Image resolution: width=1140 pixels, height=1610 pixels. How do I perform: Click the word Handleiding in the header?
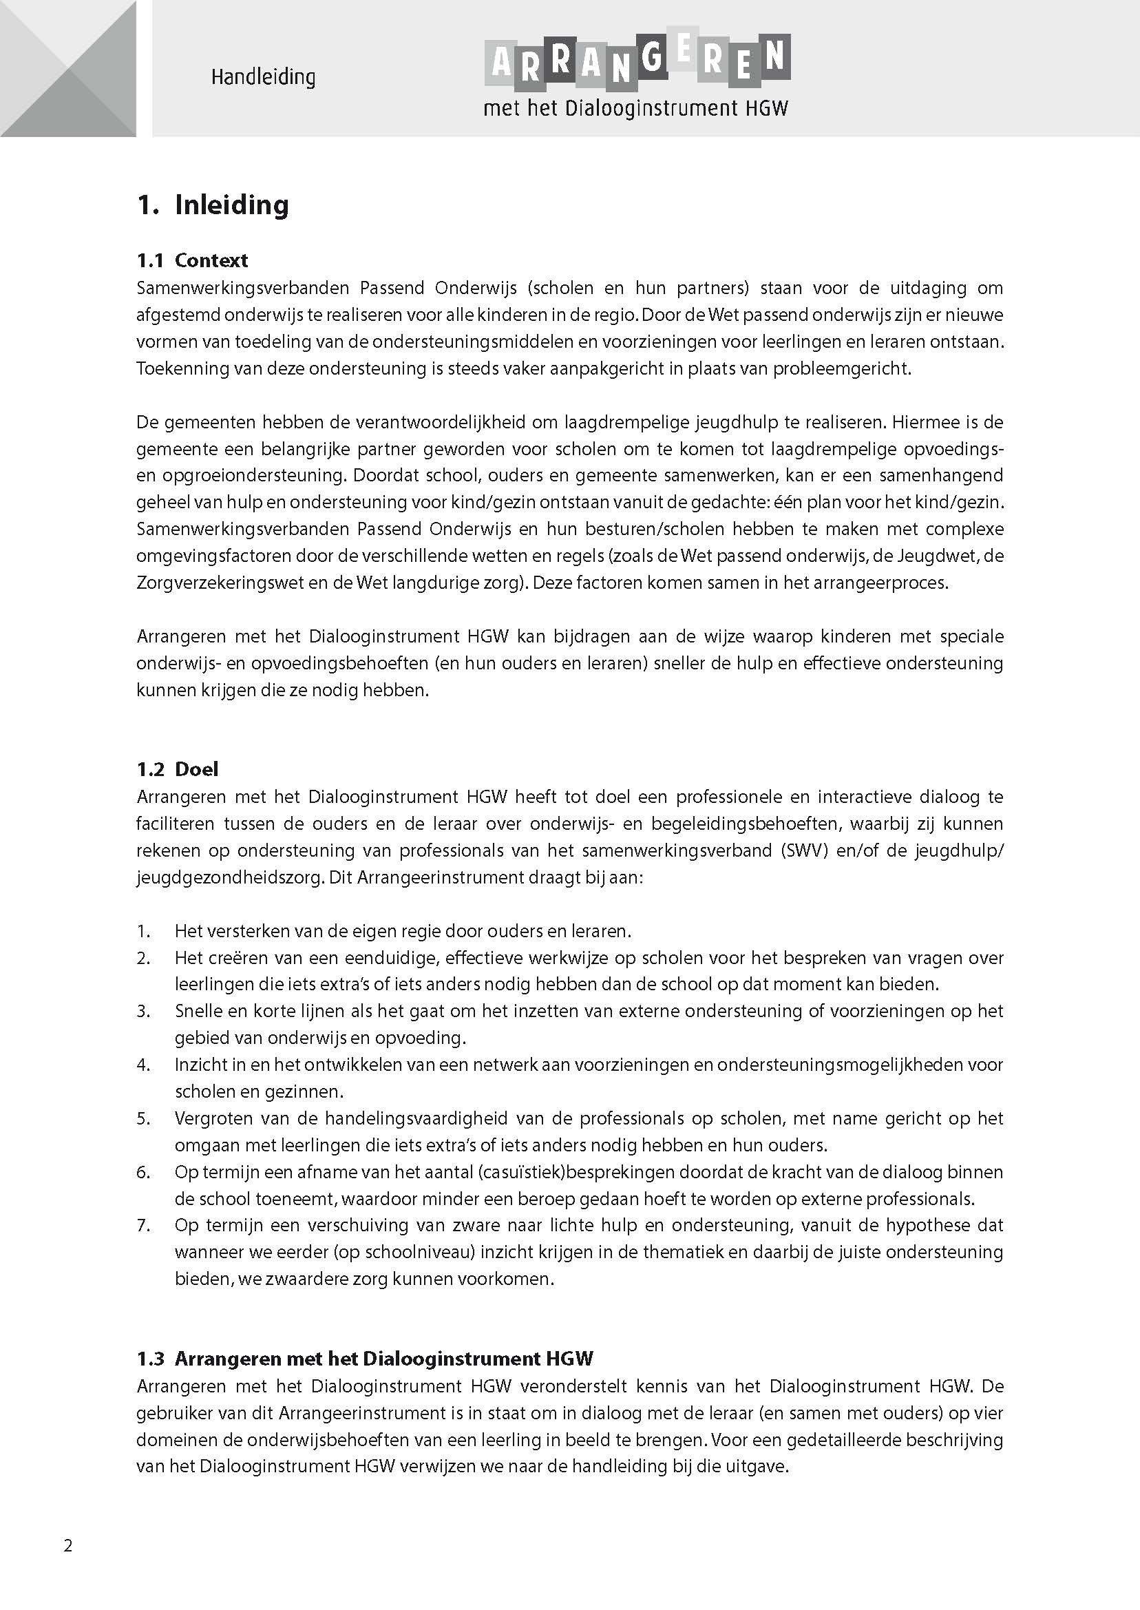tap(263, 76)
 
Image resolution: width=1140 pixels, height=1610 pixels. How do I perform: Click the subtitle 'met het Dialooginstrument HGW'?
tap(636, 109)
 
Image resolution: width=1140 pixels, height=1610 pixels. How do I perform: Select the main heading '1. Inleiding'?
tap(213, 205)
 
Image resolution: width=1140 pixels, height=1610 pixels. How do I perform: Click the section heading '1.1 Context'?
tap(191, 260)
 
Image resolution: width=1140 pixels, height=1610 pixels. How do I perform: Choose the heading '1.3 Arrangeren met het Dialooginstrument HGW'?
tap(365, 1359)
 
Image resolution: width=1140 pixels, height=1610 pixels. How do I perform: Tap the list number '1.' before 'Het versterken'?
tap(144, 931)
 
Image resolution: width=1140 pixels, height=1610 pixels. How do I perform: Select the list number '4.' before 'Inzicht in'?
tap(144, 1065)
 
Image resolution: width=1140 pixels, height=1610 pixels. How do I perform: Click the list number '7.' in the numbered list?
tap(144, 1224)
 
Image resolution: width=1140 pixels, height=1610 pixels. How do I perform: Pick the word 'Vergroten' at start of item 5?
tap(212, 1118)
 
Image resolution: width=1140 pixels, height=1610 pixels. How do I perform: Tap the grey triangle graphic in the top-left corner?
tap(68, 68)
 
